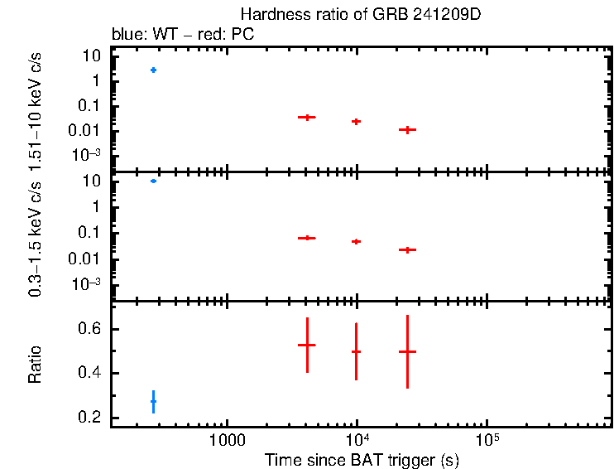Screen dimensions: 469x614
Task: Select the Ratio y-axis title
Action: click(x=35, y=364)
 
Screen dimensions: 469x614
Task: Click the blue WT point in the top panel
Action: click(x=153, y=70)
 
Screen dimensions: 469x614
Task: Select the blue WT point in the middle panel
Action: click(x=153, y=181)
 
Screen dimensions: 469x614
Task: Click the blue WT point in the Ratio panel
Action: click(x=153, y=401)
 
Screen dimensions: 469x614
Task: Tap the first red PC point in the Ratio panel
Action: click(x=307, y=345)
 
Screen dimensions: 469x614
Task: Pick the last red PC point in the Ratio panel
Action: click(x=407, y=351)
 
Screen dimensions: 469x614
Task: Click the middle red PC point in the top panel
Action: click(x=356, y=121)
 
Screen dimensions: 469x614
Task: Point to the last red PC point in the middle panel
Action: click(x=407, y=249)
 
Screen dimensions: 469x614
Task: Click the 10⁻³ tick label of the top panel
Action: click(x=89, y=156)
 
